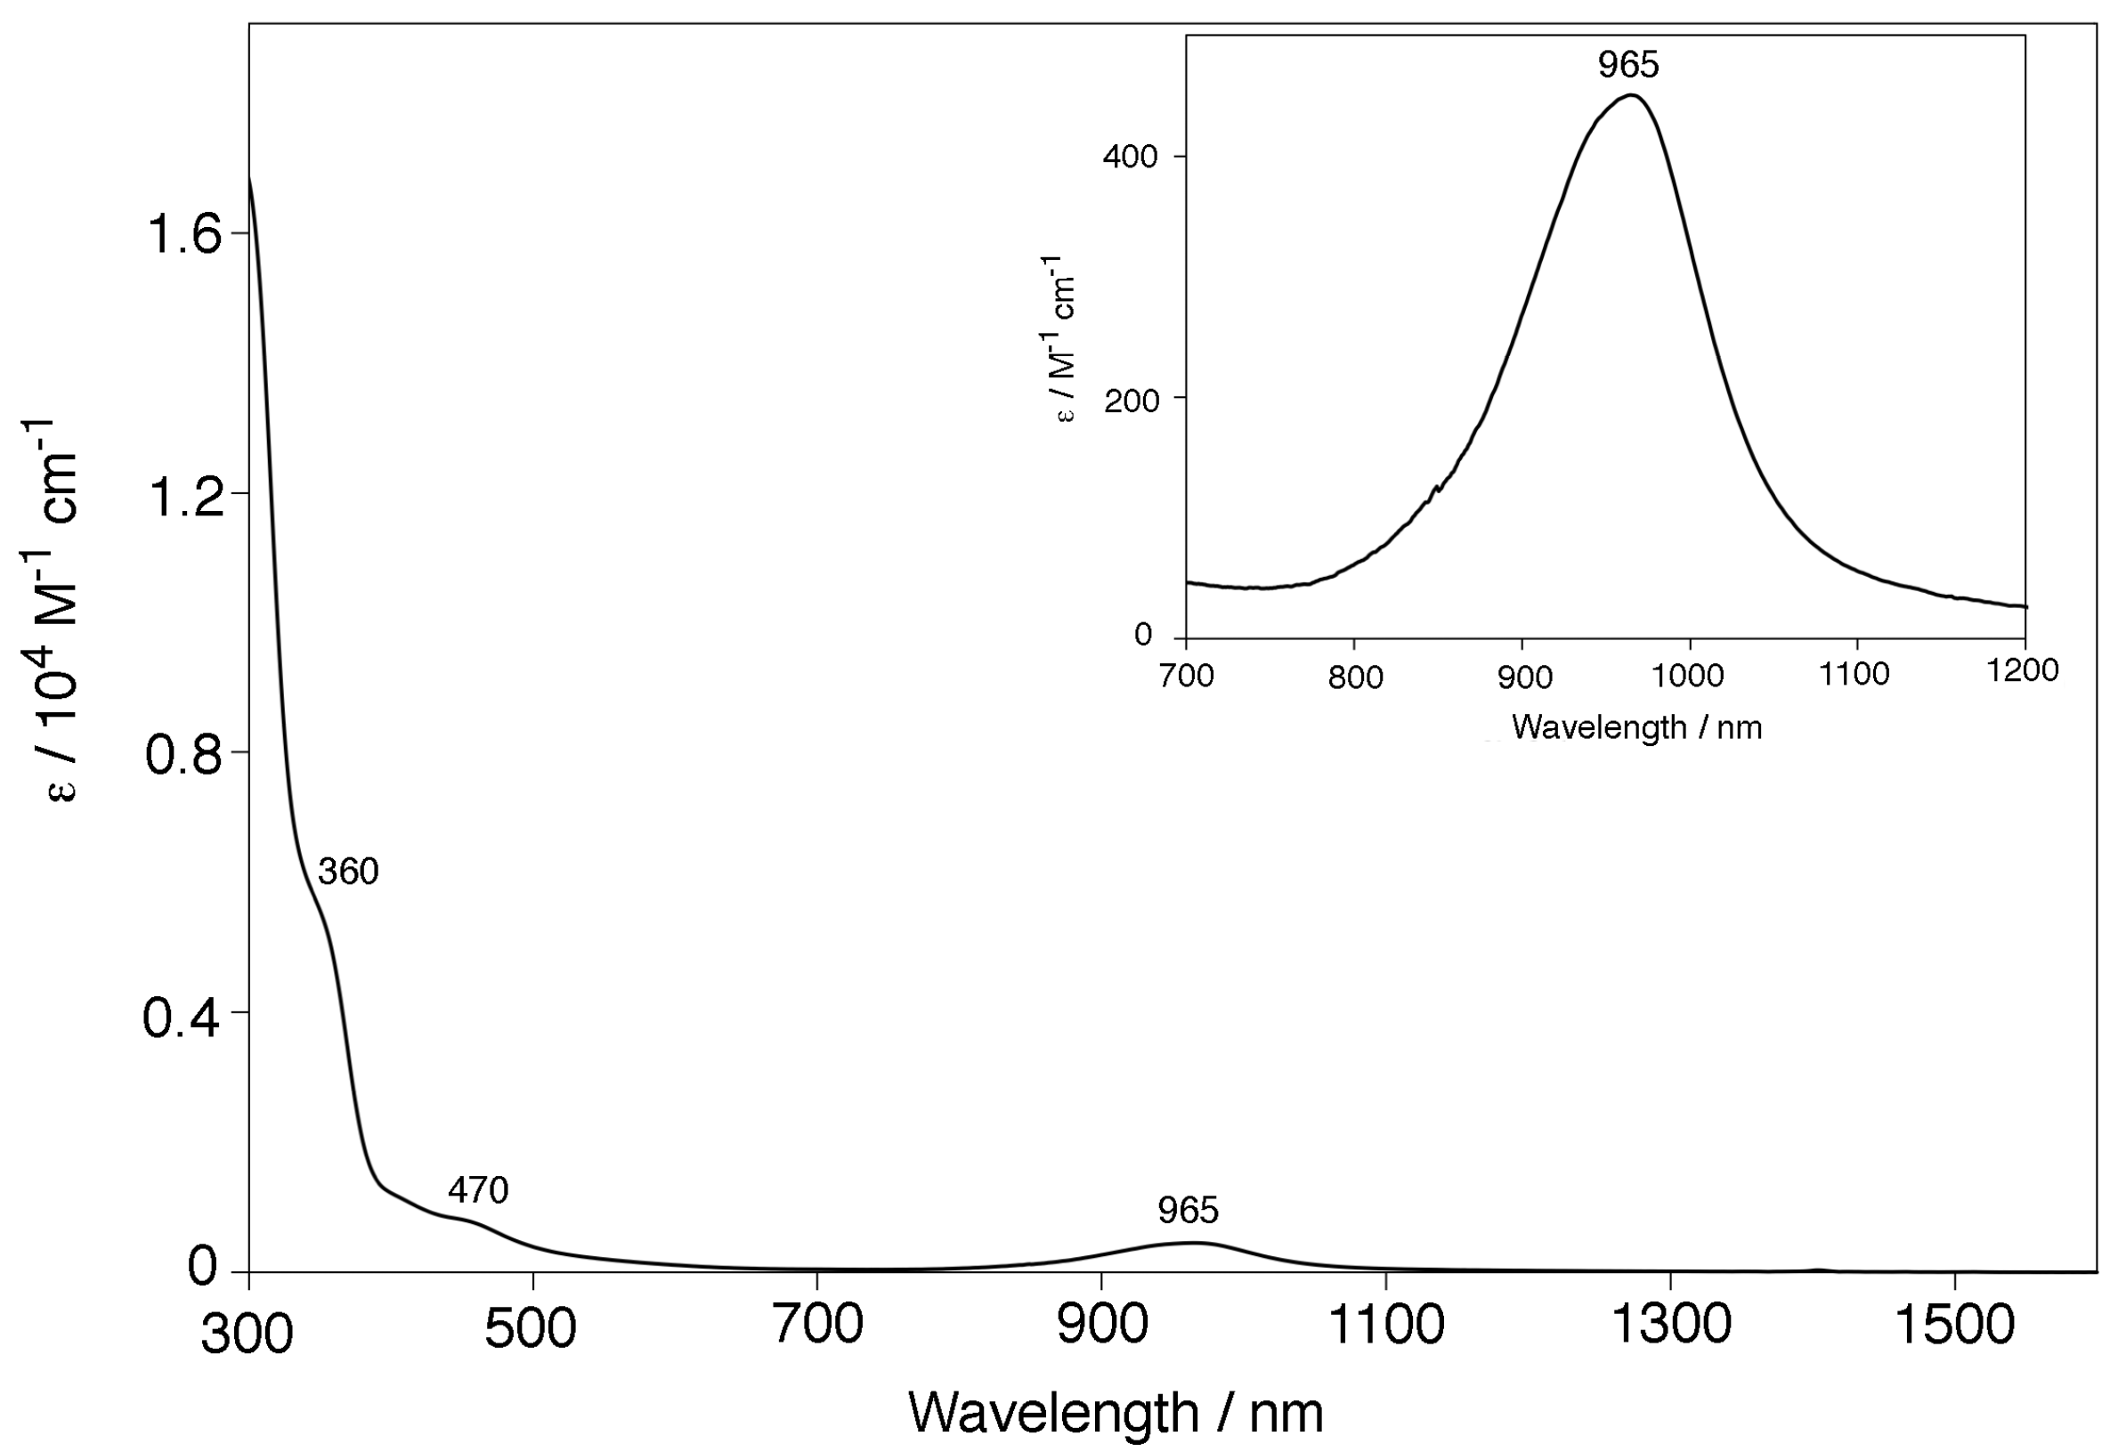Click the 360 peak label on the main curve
pyautogui.click(x=347, y=872)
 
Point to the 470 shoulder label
pyautogui.click(x=478, y=1190)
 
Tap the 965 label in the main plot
pyautogui.click(x=1188, y=1211)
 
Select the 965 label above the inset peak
pyautogui.click(x=1628, y=66)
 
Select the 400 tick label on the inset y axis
pyautogui.click(x=1130, y=158)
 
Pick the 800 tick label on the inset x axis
pyautogui.click(x=1355, y=677)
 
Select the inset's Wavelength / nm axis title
pyautogui.click(x=1636, y=727)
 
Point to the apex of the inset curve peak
pyautogui.click(x=1631, y=94)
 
